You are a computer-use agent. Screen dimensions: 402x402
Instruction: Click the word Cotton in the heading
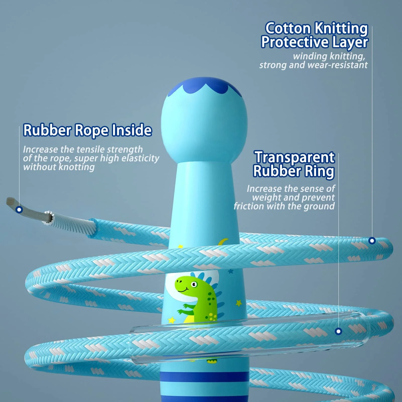pos(288,28)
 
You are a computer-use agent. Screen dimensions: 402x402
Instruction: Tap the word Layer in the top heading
pos(350,42)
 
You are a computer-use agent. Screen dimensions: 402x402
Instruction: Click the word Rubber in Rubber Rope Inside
pos(47,130)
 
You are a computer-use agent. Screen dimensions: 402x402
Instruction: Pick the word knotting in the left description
pos(77,167)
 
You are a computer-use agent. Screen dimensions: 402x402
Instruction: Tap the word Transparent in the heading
pos(295,157)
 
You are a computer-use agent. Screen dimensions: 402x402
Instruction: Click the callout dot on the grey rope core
pos(19,210)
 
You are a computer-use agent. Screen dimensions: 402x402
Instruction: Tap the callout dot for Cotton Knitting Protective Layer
pos(372,241)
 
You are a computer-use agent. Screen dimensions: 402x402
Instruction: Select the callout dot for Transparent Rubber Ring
pos(339,331)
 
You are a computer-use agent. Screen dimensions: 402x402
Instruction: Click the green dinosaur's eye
pos(194,285)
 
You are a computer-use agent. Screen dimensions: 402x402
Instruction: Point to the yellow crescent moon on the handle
pos(223,242)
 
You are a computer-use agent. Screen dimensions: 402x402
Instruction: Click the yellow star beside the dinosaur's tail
pos(239,303)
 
